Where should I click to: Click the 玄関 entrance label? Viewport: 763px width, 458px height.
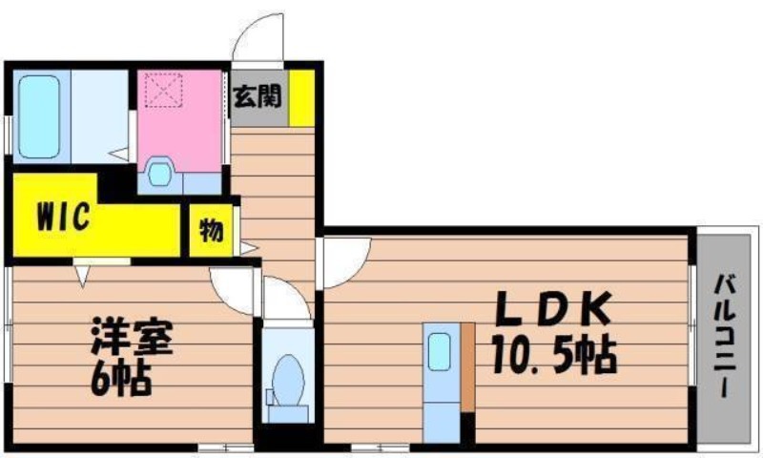[258, 96]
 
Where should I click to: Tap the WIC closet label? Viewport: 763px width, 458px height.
[64, 216]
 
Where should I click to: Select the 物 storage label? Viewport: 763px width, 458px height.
[212, 230]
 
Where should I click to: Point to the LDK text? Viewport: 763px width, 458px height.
[553, 308]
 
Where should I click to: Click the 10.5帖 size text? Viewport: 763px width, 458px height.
[554, 355]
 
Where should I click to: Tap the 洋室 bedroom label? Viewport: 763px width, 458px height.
[132, 336]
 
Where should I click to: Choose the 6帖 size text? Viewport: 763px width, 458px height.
[121, 377]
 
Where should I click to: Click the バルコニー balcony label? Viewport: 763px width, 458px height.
[725, 336]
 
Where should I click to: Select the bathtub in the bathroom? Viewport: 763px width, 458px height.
[39, 116]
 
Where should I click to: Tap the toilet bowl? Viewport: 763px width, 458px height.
[288, 381]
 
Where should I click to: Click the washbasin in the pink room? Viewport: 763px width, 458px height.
[160, 173]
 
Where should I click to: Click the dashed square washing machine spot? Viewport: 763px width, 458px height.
[163, 90]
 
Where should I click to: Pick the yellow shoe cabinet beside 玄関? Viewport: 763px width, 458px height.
[301, 98]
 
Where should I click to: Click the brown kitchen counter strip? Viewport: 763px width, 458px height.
[468, 367]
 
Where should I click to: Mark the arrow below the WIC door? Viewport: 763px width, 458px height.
[83, 277]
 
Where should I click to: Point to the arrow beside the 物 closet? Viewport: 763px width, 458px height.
[248, 248]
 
